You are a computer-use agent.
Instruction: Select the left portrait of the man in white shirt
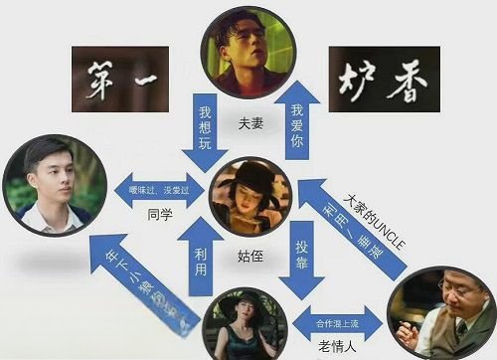53,186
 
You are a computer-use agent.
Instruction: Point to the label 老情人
336,347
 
